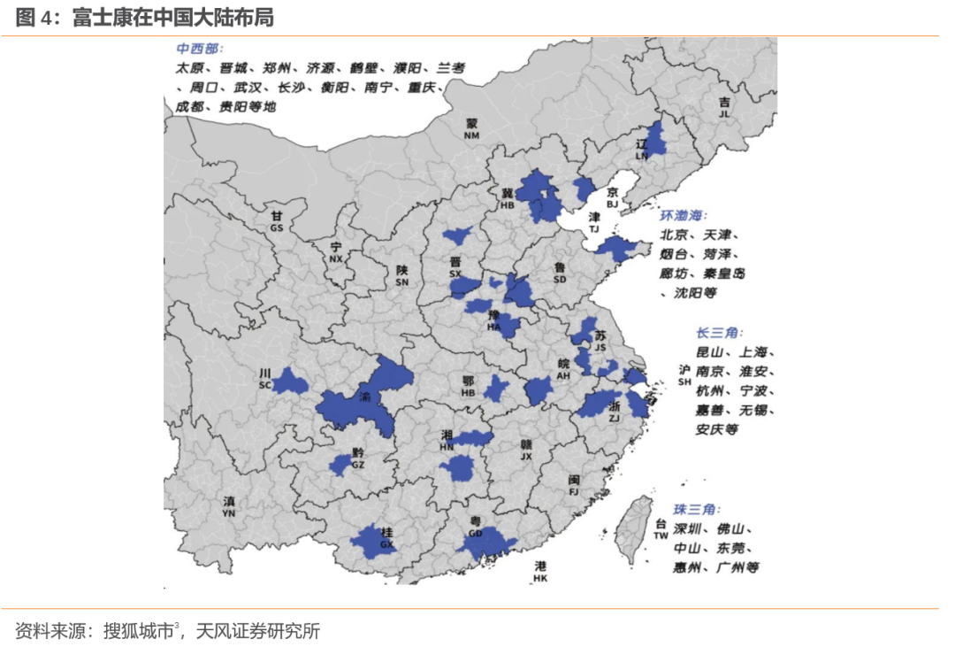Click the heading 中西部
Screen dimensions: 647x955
(199, 49)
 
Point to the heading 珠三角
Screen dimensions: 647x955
(696, 511)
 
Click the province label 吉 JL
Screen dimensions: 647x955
(725, 108)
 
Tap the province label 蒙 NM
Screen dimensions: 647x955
(471, 129)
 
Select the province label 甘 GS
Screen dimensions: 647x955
(277, 221)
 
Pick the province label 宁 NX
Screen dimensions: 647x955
(336, 252)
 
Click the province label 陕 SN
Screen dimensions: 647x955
(402, 276)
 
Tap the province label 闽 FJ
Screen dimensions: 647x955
(574, 485)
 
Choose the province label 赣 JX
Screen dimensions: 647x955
(526, 451)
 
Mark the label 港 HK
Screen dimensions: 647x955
(540, 572)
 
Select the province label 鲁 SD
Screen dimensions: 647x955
(560, 273)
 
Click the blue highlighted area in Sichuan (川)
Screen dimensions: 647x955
(290, 382)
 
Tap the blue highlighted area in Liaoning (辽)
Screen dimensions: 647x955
(655, 139)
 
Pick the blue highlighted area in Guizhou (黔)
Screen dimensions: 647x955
(340, 465)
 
